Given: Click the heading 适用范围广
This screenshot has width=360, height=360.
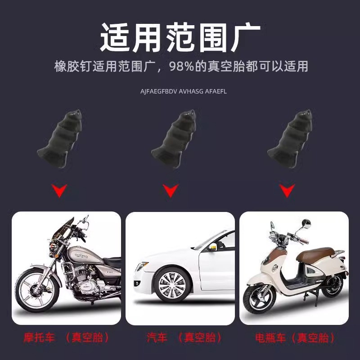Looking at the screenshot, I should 180,37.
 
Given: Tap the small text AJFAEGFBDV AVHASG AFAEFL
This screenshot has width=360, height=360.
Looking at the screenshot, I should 180,91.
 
